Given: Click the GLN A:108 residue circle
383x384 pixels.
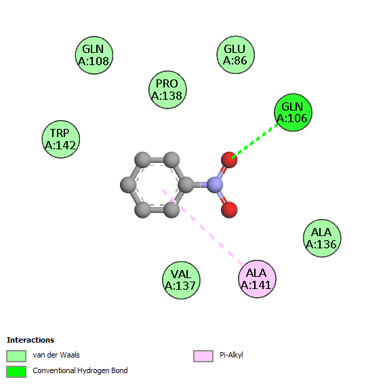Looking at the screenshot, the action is pyautogui.click(x=94, y=55).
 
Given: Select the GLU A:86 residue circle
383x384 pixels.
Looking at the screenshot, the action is pyautogui.click(x=235, y=54).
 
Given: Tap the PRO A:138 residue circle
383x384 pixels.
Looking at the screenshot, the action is pyautogui.click(x=167, y=90).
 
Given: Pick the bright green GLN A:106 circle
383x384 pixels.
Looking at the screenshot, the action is pyautogui.click(x=293, y=113).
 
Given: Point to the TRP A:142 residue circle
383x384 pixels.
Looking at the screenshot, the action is pyautogui.click(x=61, y=139).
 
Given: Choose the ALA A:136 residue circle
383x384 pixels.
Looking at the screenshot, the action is pyautogui.click(x=322, y=238).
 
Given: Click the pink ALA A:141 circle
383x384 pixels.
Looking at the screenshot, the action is pyautogui.click(x=257, y=279).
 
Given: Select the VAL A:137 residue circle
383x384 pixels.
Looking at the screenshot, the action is pyautogui.click(x=181, y=280).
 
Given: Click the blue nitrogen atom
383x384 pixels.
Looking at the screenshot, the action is pyautogui.click(x=215, y=185).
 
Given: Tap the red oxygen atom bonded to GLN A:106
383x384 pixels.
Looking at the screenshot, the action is pyautogui.click(x=229, y=159).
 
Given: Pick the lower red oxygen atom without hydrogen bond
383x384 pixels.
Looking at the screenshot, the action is pyautogui.click(x=229, y=210).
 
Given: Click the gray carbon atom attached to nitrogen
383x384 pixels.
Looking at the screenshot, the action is pyautogui.click(x=186, y=185).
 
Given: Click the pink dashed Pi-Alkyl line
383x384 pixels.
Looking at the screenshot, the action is pyautogui.click(x=203, y=227).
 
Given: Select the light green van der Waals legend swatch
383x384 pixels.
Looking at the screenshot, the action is pyautogui.click(x=16, y=356).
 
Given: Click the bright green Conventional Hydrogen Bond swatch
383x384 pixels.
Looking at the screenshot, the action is pyautogui.click(x=16, y=372).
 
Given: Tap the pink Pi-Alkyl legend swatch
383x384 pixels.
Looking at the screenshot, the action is pyautogui.click(x=203, y=356).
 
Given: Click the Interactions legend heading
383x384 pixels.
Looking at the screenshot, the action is pyautogui.click(x=31, y=340).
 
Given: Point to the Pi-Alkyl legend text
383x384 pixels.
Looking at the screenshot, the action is pyautogui.click(x=231, y=355).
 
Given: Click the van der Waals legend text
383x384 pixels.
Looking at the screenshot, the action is pyautogui.click(x=56, y=355).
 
